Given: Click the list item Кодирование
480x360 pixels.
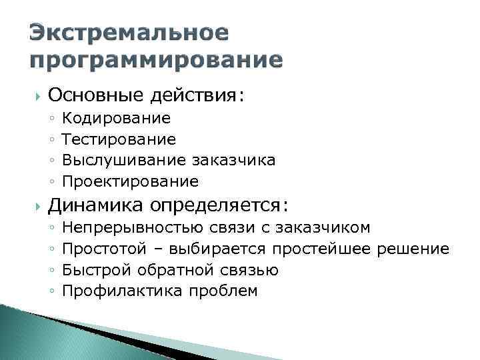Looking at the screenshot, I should click(116, 119).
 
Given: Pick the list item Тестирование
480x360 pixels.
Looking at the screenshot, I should click(119, 139).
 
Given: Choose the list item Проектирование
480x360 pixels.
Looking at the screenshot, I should click(130, 181).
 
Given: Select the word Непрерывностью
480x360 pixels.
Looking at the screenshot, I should click(138, 228).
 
